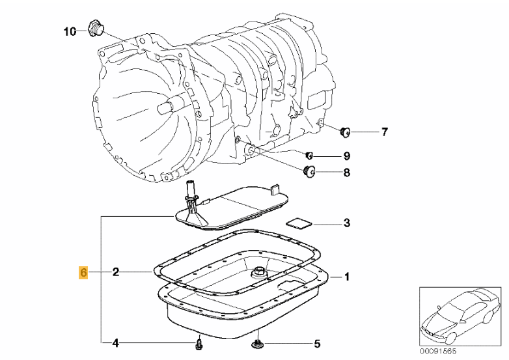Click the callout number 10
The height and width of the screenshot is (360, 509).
pyautogui.click(x=70, y=31)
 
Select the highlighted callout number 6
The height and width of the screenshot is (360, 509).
pyautogui.click(x=83, y=272)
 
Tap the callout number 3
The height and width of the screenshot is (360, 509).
pyautogui.click(x=347, y=223)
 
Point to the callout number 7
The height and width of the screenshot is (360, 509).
pyautogui.click(x=384, y=133)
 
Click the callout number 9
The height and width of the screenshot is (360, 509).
pyautogui.click(x=346, y=156)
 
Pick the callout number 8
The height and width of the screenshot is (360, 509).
pyautogui.click(x=346, y=173)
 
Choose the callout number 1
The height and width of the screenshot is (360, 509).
pyautogui.click(x=347, y=277)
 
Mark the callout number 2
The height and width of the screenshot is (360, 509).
pyautogui.click(x=115, y=272)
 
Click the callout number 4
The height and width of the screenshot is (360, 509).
pyautogui.click(x=115, y=342)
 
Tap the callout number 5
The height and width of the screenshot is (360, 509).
pyautogui.click(x=317, y=342)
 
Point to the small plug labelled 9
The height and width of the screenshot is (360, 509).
pyautogui.click(x=310, y=155)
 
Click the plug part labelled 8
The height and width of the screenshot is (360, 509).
pyautogui.click(x=310, y=171)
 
